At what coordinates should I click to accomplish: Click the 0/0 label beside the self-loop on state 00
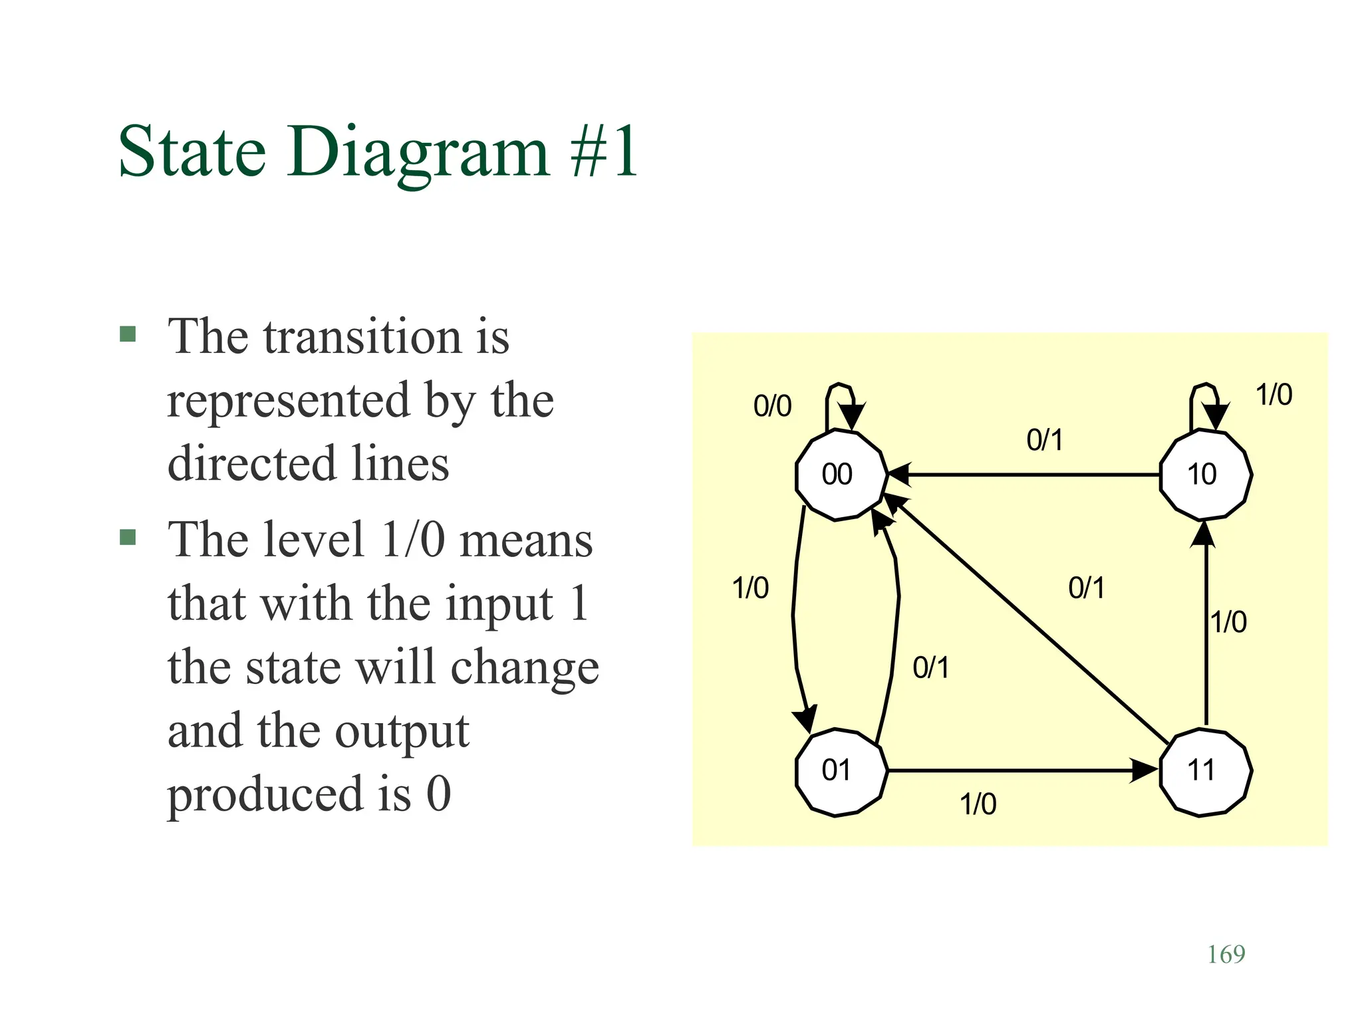(x=772, y=406)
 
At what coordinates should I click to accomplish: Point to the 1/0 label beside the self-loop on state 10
(x=1274, y=395)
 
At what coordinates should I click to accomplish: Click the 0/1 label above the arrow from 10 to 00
(x=1045, y=440)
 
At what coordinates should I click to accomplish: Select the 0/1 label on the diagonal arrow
(x=1087, y=588)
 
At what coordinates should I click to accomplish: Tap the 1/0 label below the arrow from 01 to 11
(x=978, y=805)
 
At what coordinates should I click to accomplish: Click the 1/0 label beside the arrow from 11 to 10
(x=1228, y=623)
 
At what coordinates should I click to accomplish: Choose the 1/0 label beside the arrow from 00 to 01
(x=750, y=588)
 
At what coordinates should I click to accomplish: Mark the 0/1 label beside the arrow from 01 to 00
(x=931, y=667)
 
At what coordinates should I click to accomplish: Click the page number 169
(x=1226, y=955)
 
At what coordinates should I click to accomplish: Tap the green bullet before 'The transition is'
(x=128, y=334)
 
